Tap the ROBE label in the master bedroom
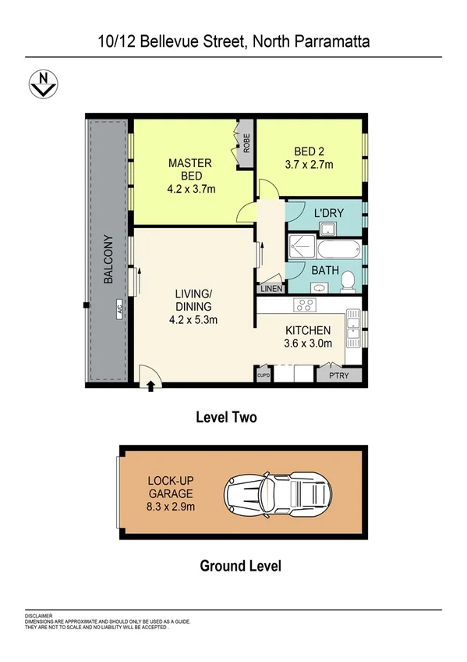pyautogui.click(x=246, y=144)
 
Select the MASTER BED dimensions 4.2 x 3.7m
pyautogui.click(x=190, y=188)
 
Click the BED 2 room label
pyautogui.click(x=309, y=151)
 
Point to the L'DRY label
pyautogui.click(x=326, y=212)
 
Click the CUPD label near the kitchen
pyautogui.click(x=263, y=375)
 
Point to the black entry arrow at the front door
pyautogui.click(x=150, y=386)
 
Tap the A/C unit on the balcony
pyautogui.click(x=119, y=307)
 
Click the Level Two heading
pyautogui.click(x=225, y=418)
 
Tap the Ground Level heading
pyautogui.click(x=240, y=565)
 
